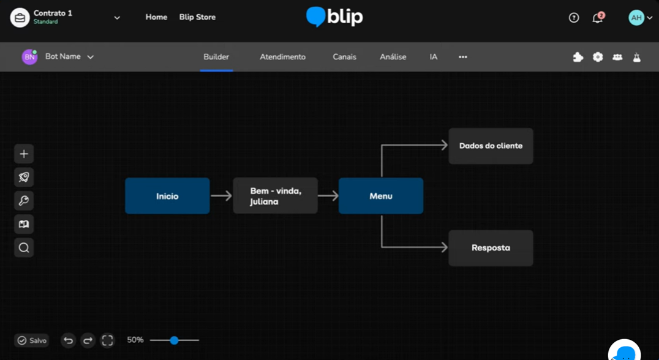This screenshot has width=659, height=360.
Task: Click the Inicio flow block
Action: (167, 196)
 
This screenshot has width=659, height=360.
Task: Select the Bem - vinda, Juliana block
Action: (275, 196)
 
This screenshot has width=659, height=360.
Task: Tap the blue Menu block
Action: (380, 196)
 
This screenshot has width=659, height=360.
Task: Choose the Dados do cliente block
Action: (491, 146)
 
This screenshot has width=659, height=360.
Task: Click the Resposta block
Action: (491, 248)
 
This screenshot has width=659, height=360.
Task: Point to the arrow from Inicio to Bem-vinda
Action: (221, 196)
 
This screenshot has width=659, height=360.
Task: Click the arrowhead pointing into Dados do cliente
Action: (443, 145)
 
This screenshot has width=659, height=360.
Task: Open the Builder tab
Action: (216, 57)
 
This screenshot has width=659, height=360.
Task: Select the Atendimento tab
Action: (282, 57)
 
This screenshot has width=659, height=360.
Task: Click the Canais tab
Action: (344, 57)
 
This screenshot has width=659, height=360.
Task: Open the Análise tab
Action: (393, 57)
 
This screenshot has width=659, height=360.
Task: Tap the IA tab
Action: (434, 57)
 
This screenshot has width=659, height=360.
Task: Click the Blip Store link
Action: (197, 17)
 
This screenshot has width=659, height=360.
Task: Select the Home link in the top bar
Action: (156, 17)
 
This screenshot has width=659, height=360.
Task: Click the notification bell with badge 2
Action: (597, 18)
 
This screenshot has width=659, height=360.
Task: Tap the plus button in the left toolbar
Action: (24, 154)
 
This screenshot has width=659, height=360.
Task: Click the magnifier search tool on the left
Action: (24, 248)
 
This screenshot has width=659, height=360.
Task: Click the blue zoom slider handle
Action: (175, 340)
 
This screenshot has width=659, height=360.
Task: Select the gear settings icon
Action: (598, 57)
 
